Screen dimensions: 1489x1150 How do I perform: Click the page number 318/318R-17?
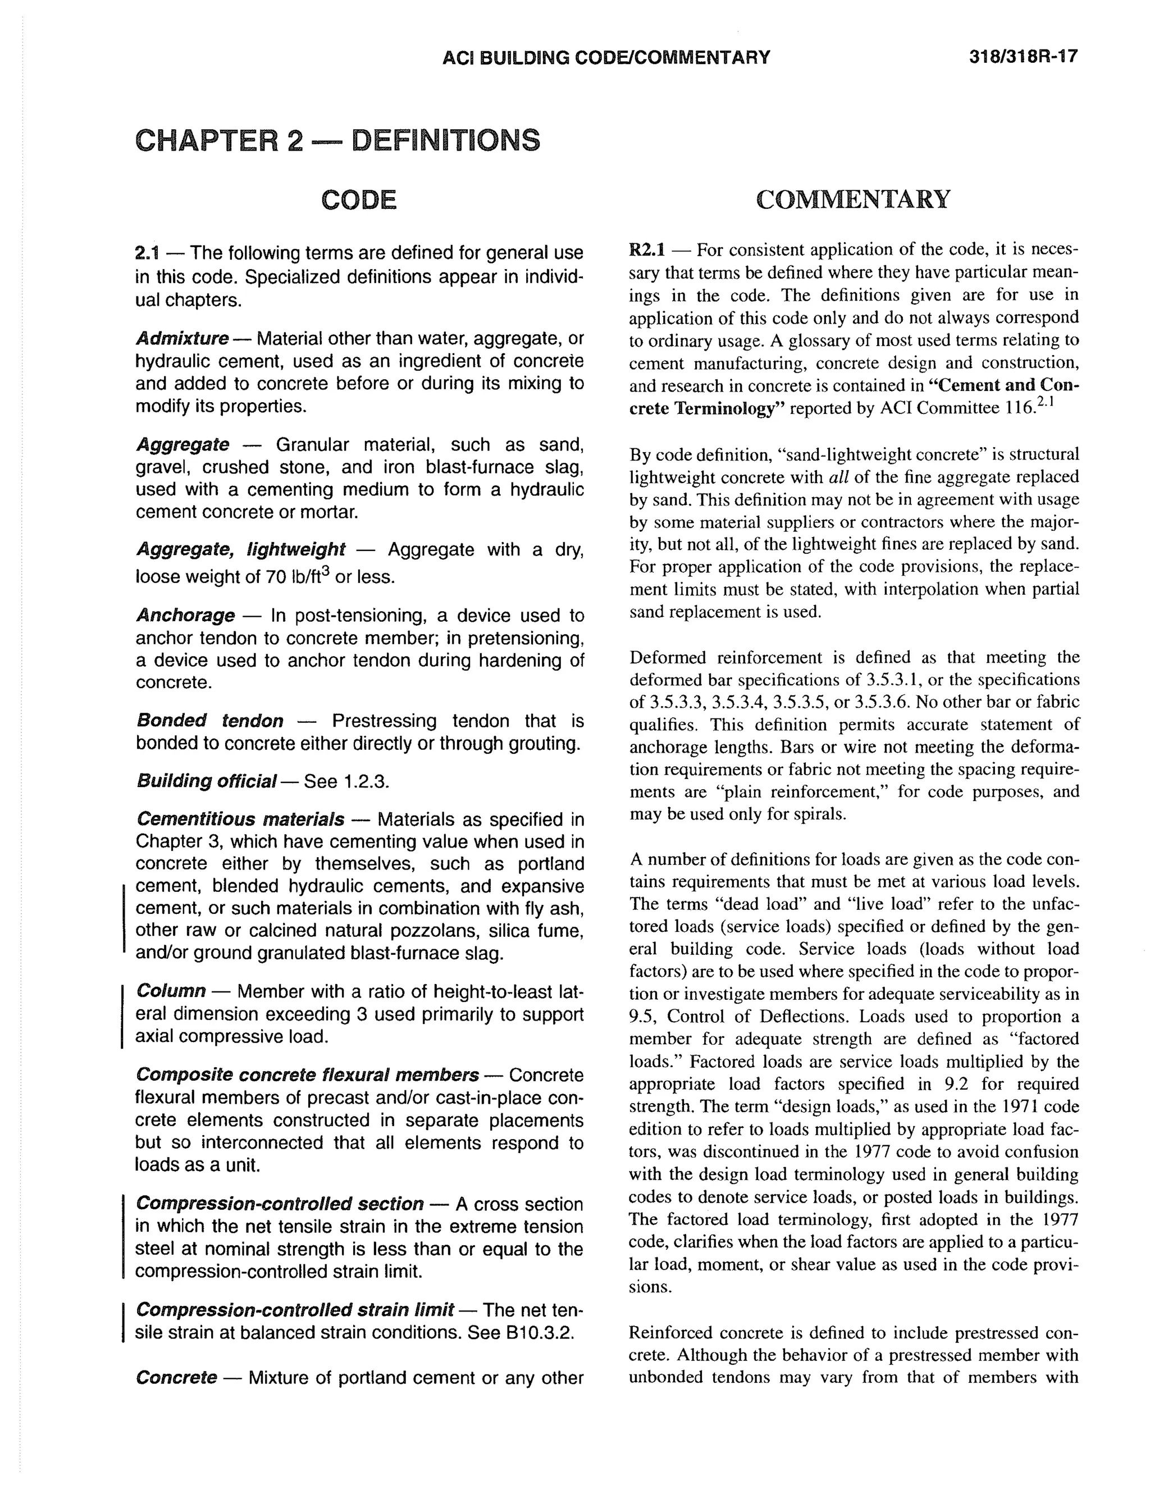pos(1023,57)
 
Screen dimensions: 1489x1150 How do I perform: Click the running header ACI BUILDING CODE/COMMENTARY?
pos(606,57)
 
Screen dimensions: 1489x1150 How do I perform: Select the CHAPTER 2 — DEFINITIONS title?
pos(337,140)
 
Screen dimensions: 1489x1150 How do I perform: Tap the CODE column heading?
pos(359,200)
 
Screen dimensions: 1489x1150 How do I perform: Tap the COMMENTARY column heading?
pos(853,199)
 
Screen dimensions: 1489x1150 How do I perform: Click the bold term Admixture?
pos(182,338)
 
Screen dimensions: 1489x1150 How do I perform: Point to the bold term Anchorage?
pos(185,616)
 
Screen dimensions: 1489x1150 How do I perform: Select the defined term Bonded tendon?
pos(209,721)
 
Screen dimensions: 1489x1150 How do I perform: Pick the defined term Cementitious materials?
pos(240,819)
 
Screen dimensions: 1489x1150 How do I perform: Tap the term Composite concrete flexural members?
pos(307,1075)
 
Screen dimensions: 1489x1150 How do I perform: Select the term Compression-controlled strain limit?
pos(294,1309)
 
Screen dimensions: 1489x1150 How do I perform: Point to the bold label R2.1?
pos(646,249)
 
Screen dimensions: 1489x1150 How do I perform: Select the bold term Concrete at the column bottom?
pos(176,1378)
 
